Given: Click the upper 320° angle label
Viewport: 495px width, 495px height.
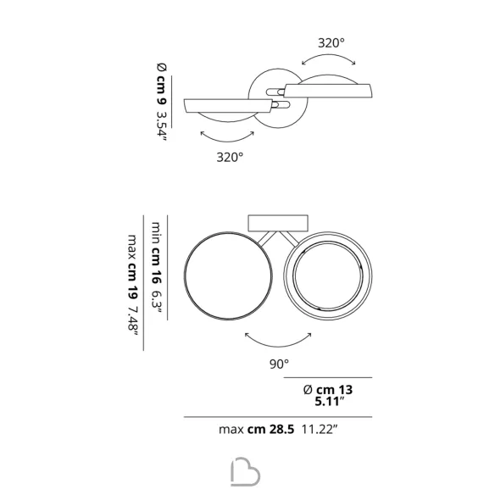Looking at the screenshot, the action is (331, 43).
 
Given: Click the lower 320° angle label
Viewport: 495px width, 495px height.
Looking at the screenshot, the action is (230, 157).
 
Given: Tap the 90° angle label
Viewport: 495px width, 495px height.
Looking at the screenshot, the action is (279, 364).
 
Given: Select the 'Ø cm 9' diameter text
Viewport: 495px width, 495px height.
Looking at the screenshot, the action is (162, 83).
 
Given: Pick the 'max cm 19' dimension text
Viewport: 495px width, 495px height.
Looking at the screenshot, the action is (132, 267).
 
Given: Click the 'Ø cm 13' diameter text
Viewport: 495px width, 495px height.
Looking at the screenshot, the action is (328, 390).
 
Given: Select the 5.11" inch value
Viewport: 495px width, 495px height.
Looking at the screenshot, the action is (329, 402).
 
